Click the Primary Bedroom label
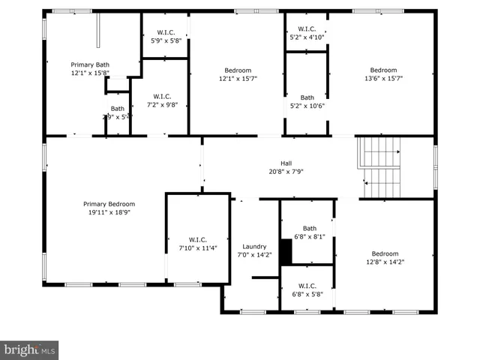click(109, 204)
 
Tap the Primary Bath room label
click(90, 64)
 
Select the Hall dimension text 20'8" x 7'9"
click(286, 171)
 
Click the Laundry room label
click(254, 247)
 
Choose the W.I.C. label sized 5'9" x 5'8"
click(166, 32)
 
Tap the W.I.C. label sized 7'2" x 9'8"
click(163, 96)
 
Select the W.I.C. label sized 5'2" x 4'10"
click(307, 28)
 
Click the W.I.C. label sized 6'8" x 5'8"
click(307, 286)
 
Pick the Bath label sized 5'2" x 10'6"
click(307, 97)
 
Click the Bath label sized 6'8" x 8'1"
click(310, 229)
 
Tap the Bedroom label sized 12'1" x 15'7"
click(235, 70)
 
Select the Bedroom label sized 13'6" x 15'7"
click(383, 70)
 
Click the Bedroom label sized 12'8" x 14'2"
click(385, 253)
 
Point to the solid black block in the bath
click(286, 251)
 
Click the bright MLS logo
click(29, 349)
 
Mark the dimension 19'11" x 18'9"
click(109, 212)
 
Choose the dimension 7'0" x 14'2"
click(254, 255)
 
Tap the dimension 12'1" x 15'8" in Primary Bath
click(90, 73)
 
